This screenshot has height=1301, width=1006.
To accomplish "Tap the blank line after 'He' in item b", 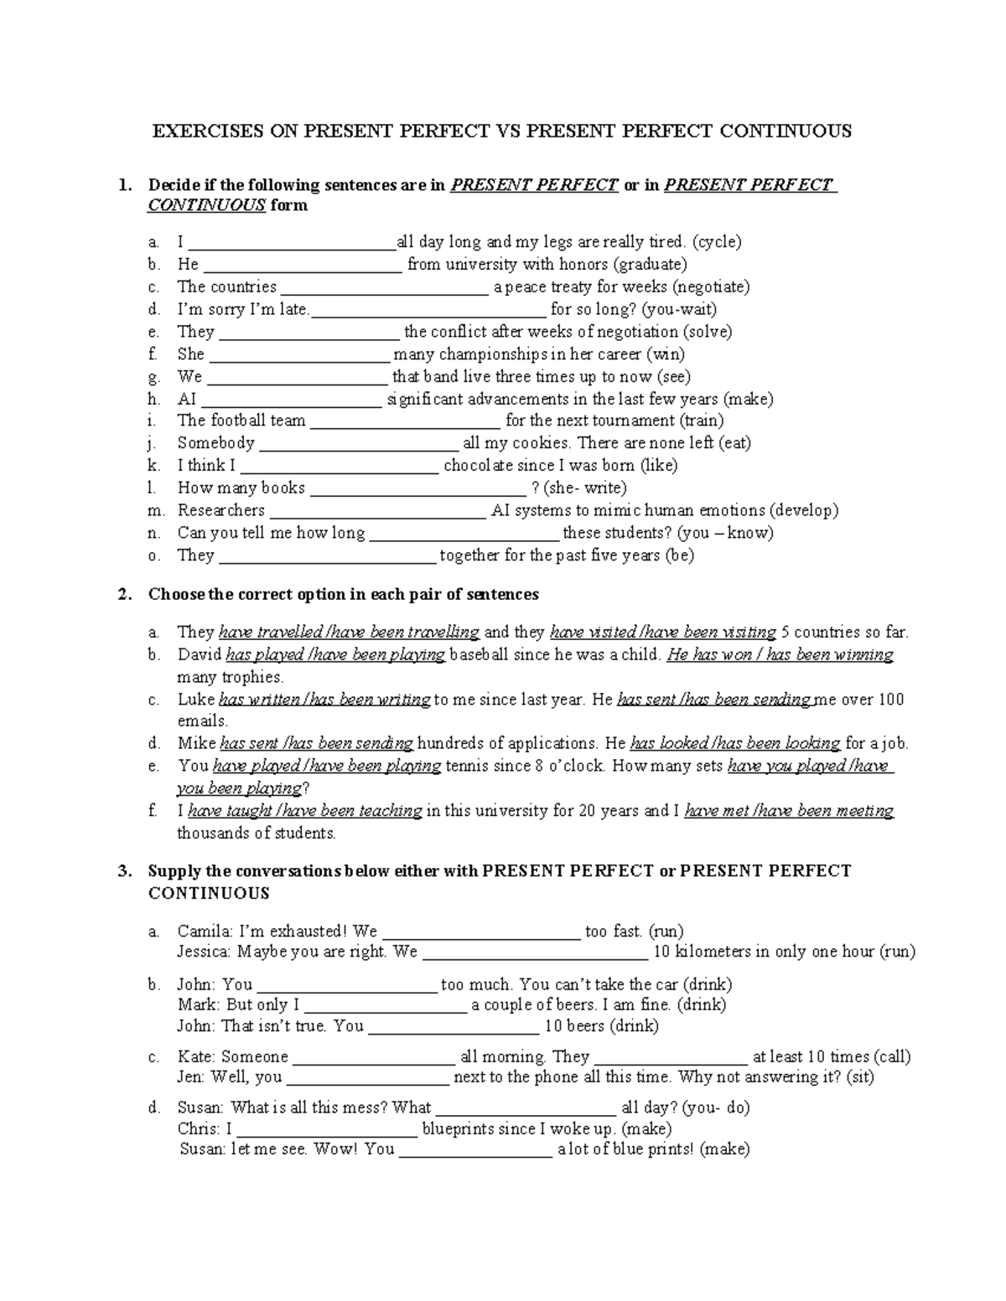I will coord(302,266).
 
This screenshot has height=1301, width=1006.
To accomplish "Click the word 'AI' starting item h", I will coord(187,400).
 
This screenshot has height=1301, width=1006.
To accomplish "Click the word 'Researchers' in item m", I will coord(220,511).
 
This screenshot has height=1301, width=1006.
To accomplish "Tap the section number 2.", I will coord(124,595).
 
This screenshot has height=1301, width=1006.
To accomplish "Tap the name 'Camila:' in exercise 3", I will coord(205,932).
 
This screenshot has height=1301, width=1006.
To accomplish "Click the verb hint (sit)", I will coord(859,1078).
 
